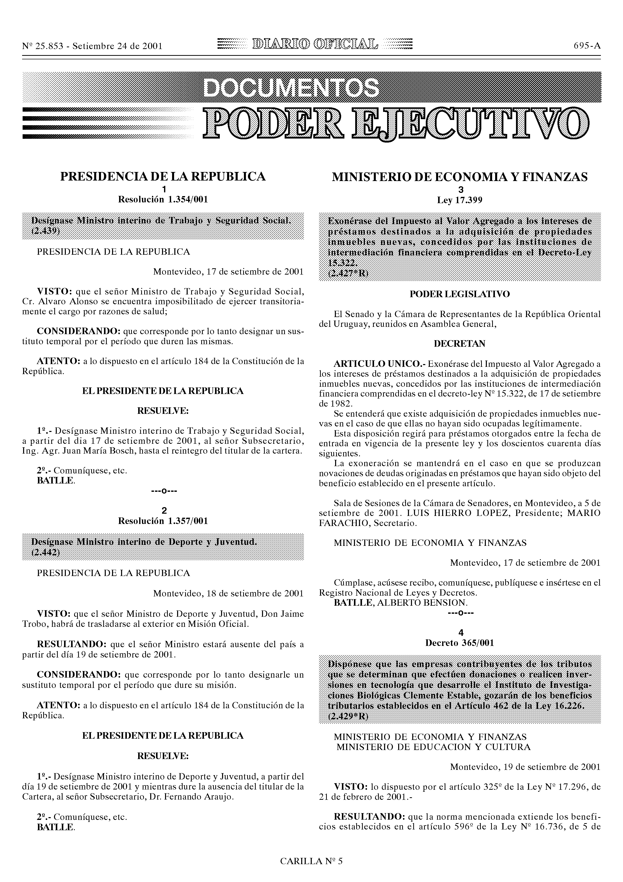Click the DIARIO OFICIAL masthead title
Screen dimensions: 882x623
(314, 45)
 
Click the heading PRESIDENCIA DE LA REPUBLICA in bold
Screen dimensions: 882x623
(163, 176)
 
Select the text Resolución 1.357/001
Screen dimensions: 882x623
(163, 521)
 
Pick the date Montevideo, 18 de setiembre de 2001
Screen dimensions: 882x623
(228, 593)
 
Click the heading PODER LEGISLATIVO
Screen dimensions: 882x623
(460, 294)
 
